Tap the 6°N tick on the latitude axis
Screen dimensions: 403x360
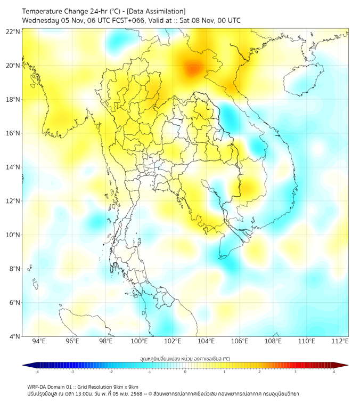(14, 302)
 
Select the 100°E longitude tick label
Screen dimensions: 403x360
(140, 342)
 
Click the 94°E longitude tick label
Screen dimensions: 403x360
(39, 342)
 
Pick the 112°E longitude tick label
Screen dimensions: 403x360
(340, 342)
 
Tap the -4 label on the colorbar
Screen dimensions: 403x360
(36, 372)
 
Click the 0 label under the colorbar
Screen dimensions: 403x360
(185, 372)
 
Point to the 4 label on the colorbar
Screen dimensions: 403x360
(334, 372)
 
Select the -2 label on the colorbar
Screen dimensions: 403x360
(110, 372)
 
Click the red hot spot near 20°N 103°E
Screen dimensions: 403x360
(193, 68)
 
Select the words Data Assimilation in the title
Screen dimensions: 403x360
(156, 11)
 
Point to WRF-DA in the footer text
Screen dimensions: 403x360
(37, 387)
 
